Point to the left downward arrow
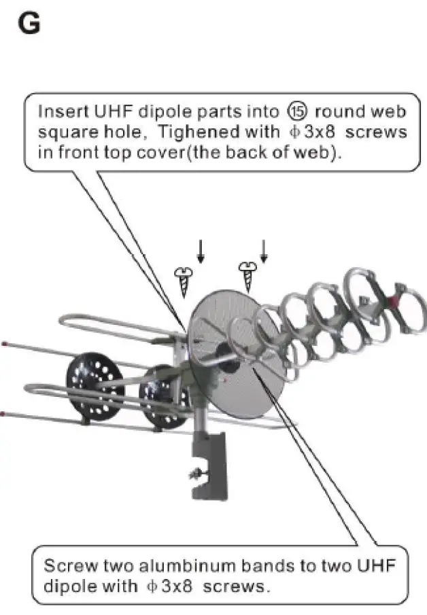[x=200, y=251]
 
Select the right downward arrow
[x=264, y=250]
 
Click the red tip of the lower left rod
[x=4, y=412]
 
